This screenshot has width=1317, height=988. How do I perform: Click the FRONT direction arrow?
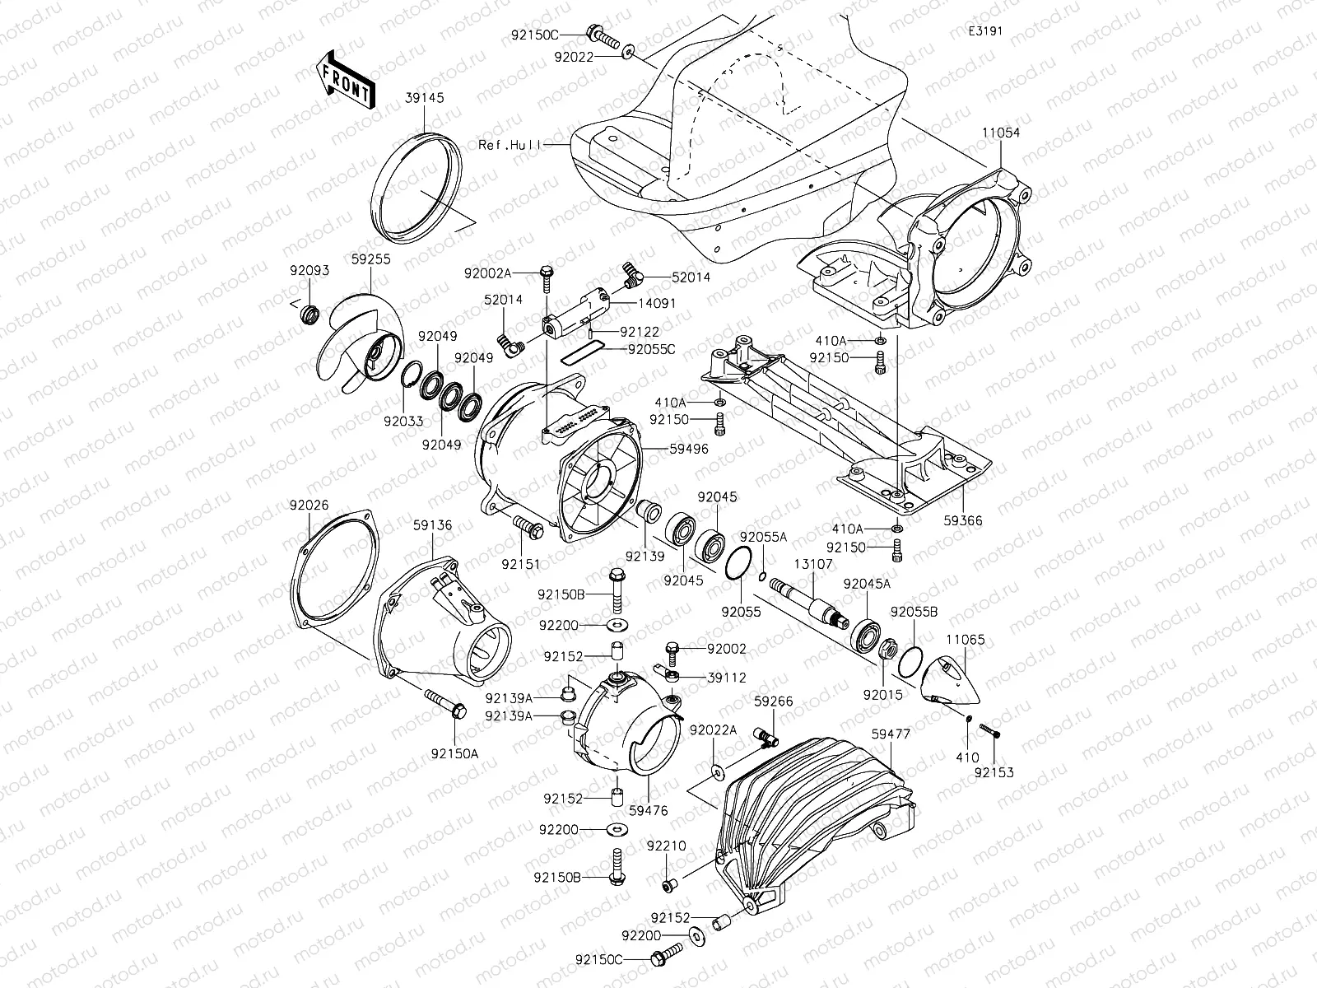(x=345, y=80)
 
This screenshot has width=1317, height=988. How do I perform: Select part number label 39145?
(x=424, y=97)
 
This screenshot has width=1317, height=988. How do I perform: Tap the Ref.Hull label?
(x=510, y=144)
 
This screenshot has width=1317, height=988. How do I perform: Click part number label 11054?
(x=1000, y=133)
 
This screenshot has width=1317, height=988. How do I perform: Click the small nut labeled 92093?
(x=311, y=314)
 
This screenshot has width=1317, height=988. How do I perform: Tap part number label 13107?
(x=813, y=564)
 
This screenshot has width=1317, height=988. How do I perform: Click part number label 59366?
(x=962, y=520)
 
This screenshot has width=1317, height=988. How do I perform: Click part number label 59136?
(x=433, y=524)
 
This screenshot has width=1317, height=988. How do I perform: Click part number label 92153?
(x=994, y=772)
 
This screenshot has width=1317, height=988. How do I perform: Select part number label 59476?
(x=648, y=811)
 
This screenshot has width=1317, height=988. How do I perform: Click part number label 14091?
(x=656, y=303)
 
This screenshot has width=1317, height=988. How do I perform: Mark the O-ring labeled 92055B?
(x=910, y=661)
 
